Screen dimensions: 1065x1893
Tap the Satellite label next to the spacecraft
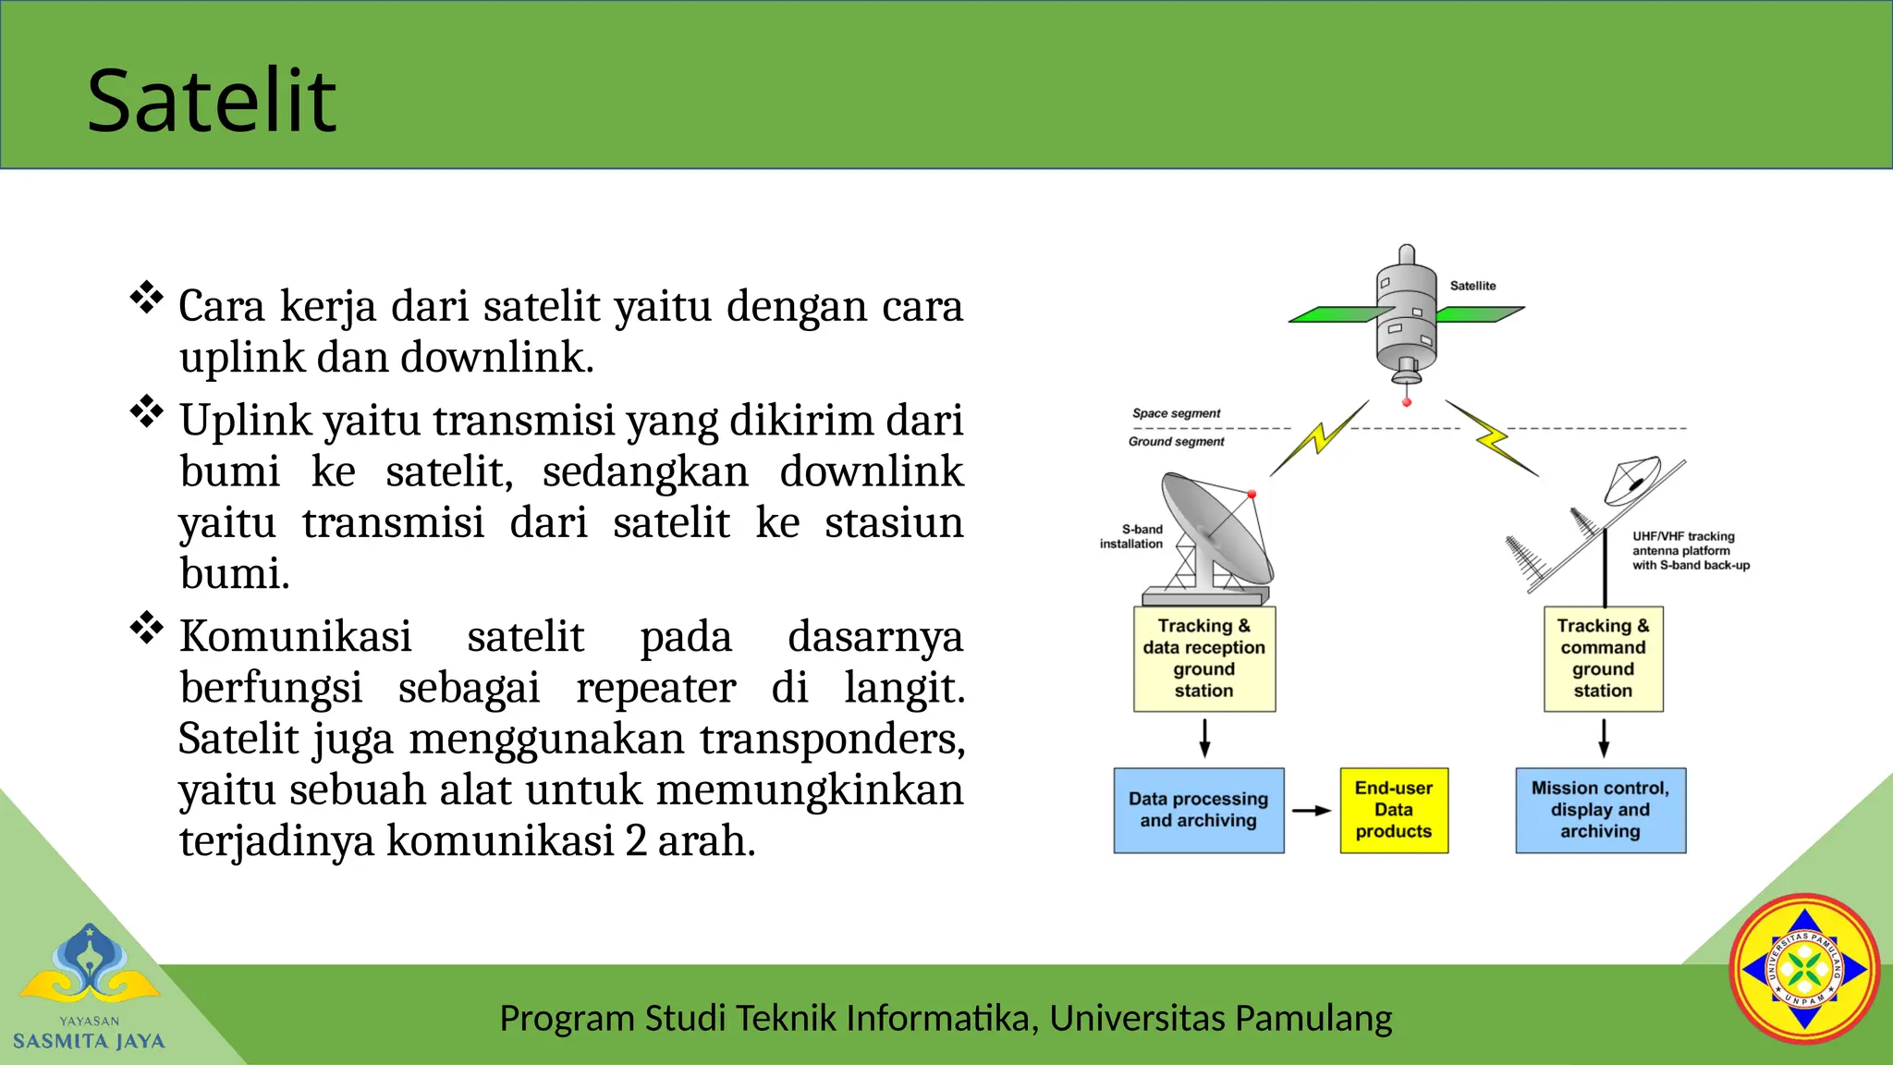pyautogui.click(x=1472, y=286)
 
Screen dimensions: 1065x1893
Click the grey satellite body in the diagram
pyautogui.click(x=1406, y=314)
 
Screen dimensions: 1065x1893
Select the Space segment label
pyautogui.click(x=1176, y=413)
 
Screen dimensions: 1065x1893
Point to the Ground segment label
pyautogui.click(x=1176, y=442)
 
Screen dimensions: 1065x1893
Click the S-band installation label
pyautogui.click(x=1131, y=536)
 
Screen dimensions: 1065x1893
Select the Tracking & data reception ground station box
pyautogui.click(x=1204, y=658)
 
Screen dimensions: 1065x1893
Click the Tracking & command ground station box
pyautogui.click(x=1603, y=658)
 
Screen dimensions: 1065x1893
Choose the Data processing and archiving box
pyautogui.click(x=1198, y=810)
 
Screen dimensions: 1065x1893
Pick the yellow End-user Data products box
pyautogui.click(x=1394, y=810)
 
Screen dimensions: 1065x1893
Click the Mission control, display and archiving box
pyautogui.click(x=1600, y=810)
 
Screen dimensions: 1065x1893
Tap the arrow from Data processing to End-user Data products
pyautogui.click(x=1311, y=811)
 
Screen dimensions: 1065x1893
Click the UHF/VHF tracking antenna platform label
pyautogui.click(x=1690, y=550)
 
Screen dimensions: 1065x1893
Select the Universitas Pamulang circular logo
pyautogui.click(x=1804, y=969)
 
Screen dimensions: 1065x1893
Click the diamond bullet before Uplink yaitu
pyautogui.click(x=147, y=411)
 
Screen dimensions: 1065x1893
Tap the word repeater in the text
pyautogui.click(x=655, y=688)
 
